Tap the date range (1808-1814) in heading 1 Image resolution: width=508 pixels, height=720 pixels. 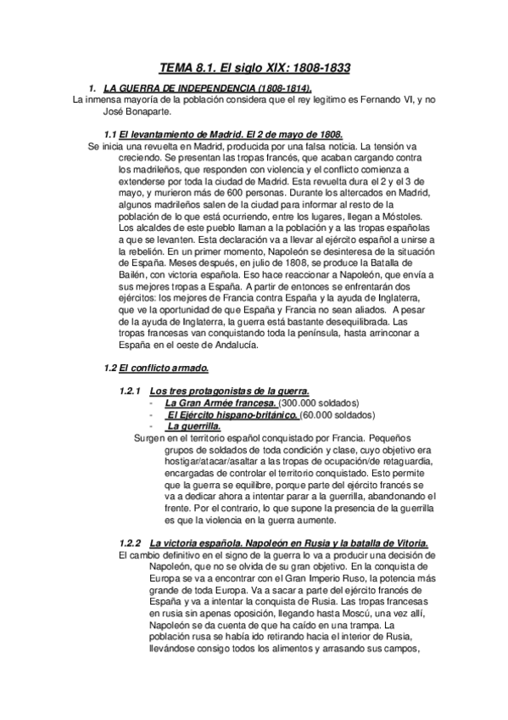[271, 87]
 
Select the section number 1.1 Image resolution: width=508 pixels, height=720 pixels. [109, 134]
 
